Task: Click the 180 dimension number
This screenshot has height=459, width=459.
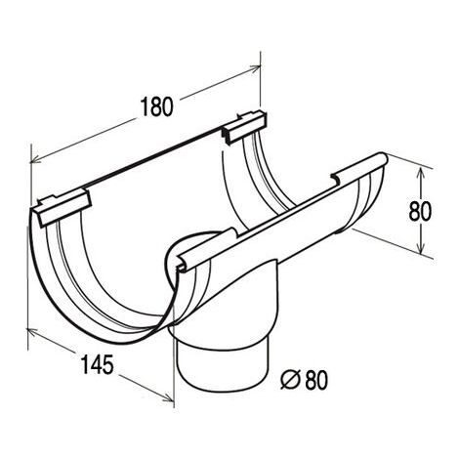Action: point(156,106)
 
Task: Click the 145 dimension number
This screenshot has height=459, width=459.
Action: point(97,364)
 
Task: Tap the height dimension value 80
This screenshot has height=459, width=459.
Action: point(420,211)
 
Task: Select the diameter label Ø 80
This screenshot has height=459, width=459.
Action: point(305,380)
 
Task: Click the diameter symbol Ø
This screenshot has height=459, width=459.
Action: point(290,380)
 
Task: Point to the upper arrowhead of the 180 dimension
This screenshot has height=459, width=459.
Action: point(255,67)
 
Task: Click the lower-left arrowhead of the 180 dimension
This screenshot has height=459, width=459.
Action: point(36,159)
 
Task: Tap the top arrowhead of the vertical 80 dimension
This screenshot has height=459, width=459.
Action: point(421,173)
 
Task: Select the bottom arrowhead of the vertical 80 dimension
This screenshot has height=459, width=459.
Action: point(421,247)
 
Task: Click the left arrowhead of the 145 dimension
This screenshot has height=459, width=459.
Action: point(32,332)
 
